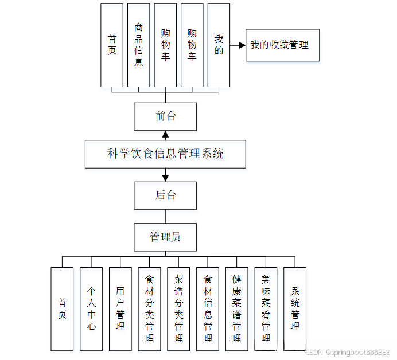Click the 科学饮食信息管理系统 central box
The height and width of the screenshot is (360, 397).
click(x=165, y=154)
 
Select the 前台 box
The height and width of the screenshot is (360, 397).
click(x=165, y=116)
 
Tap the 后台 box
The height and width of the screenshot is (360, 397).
click(x=165, y=195)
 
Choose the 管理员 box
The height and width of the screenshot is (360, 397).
click(x=165, y=237)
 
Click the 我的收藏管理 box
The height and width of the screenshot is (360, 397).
click(x=282, y=45)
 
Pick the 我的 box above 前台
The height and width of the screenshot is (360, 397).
click(x=219, y=45)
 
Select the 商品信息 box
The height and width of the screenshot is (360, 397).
click(x=139, y=45)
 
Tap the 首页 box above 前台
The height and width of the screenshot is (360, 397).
click(x=112, y=45)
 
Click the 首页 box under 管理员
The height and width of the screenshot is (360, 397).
click(x=62, y=308)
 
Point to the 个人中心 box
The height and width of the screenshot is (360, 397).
click(x=91, y=308)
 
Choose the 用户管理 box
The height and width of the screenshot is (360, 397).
click(x=120, y=308)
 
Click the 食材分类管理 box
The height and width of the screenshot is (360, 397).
click(x=149, y=308)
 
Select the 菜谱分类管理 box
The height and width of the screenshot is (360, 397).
click(x=178, y=308)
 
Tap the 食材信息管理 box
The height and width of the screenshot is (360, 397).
click(x=208, y=308)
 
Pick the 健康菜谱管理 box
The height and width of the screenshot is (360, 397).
click(x=236, y=308)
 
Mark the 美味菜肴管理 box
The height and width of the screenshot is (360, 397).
click(x=266, y=308)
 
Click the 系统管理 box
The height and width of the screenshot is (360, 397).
click(x=295, y=308)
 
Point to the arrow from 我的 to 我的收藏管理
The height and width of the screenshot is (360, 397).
click(x=237, y=45)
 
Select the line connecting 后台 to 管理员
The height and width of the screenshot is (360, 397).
click(x=165, y=216)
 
